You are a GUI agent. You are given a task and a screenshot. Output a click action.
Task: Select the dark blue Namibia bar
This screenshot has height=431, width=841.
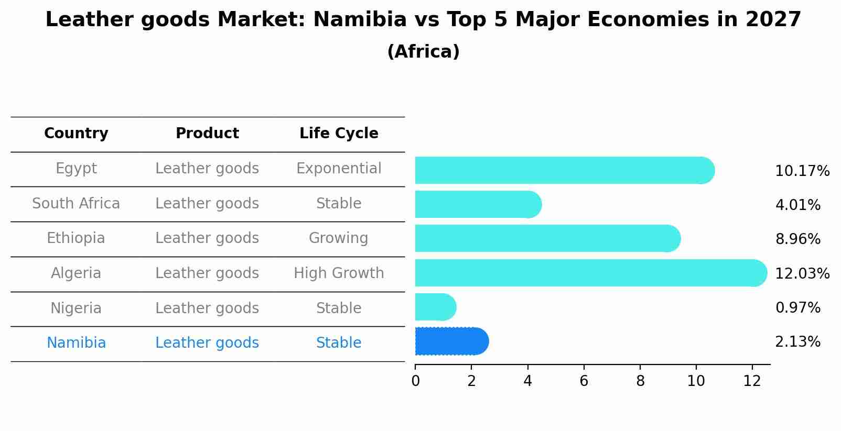[451, 341]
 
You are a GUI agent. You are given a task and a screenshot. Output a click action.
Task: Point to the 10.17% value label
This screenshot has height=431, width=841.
[802, 171]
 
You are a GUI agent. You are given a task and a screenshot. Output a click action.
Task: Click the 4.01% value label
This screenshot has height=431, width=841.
[797, 205]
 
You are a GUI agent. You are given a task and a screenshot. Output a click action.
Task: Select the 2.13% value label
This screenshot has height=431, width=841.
[797, 342]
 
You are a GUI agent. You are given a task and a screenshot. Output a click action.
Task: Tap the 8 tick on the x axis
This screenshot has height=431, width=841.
[640, 381]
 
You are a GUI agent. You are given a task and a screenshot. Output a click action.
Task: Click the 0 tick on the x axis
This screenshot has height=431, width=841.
[416, 381]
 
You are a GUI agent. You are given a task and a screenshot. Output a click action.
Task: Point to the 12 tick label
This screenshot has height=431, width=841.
[752, 381]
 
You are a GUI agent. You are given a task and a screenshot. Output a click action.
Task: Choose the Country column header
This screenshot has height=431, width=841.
[76, 134]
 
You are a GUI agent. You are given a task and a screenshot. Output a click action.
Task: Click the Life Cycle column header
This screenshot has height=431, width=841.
[339, 134]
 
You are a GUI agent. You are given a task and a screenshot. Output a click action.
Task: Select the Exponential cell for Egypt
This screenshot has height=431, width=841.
[339, 169]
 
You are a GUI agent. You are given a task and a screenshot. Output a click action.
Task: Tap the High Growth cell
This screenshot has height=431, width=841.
[339, 273]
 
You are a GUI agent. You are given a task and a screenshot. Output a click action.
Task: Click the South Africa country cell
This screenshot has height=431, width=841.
[76, 204]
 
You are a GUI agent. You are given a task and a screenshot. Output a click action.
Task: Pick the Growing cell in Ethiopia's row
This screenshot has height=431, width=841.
[339, 238]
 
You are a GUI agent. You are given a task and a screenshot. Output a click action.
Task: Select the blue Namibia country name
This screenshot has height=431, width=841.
[76, 343]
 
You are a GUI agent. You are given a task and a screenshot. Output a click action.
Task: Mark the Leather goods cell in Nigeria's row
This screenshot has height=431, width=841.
[207, 308]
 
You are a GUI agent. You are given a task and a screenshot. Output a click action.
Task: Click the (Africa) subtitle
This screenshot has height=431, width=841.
[423, 52]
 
